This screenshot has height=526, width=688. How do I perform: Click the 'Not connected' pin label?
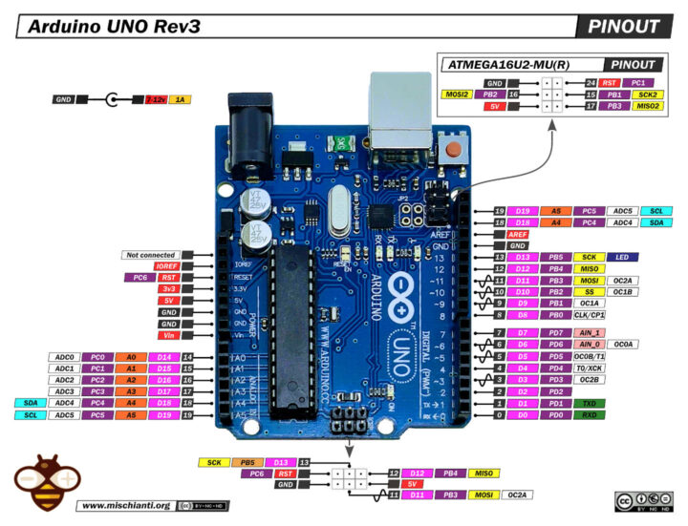(x=149, y=255)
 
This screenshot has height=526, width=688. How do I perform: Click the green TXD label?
(x=591, y=403)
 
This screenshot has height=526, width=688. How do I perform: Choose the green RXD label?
(x=591, y=415)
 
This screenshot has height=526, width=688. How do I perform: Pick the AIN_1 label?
(x=591, y=332)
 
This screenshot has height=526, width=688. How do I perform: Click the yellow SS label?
(x=591, y=291)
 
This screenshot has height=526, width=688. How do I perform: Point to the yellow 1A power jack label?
(x=179, y=98)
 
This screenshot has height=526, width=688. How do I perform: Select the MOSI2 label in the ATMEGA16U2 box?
(x=455, y=95)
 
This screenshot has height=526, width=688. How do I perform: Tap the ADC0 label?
(x=64, y=357)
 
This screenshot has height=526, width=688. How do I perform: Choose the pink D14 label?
(x=164, y=357)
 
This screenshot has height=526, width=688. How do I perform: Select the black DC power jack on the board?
(x=247, y=130)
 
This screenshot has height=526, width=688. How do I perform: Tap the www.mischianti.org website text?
(x=125, y=505)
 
